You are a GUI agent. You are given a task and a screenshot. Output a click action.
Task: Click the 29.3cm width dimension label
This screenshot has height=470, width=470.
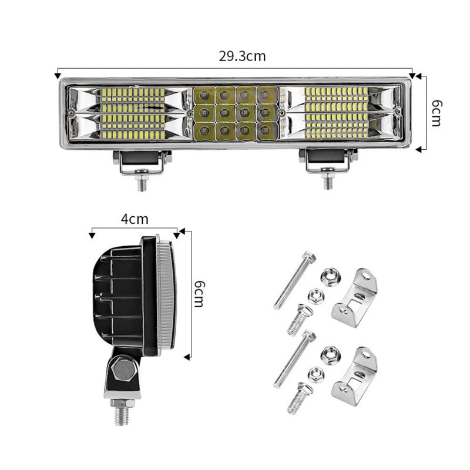(242, 56)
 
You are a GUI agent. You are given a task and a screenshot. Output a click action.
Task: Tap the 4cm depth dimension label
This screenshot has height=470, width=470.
(135, 219)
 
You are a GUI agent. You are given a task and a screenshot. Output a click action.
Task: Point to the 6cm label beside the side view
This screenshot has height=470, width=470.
(199, 294)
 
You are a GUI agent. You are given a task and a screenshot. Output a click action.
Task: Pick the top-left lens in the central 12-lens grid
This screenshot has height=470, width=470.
(204, 95)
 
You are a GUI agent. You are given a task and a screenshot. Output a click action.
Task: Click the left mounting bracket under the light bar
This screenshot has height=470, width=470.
(142, 162)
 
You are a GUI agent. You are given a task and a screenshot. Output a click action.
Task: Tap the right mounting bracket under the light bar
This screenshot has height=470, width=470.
(328, 161)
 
